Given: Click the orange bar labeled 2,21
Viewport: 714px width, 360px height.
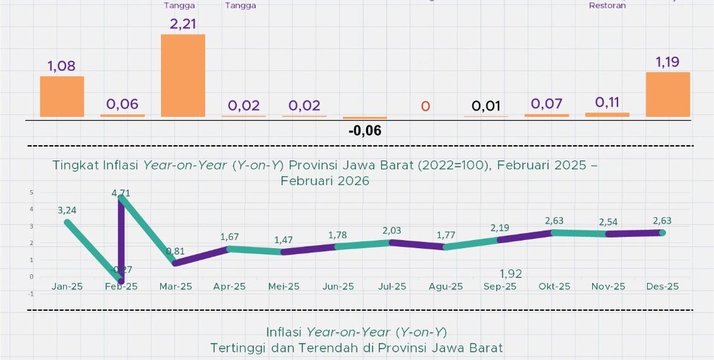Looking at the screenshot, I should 183,75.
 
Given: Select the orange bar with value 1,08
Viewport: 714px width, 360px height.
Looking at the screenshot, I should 62,97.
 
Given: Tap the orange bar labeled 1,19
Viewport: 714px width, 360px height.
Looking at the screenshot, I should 668,94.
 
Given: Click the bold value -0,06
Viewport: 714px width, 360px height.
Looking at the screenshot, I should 365,131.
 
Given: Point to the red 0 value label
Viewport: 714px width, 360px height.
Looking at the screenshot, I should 425,105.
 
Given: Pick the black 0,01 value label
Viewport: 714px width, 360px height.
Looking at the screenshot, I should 485,105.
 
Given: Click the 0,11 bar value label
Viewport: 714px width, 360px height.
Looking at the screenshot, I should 607,103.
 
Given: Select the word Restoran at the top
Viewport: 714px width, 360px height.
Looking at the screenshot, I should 607,6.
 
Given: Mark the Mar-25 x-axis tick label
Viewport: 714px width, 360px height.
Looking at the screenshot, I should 175,287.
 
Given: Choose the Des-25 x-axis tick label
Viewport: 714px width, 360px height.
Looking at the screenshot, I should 662,287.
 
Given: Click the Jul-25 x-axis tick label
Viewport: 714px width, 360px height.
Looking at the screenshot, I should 392,287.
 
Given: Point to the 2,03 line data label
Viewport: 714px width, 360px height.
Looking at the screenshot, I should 392,231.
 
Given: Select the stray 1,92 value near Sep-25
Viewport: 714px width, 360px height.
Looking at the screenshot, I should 511,273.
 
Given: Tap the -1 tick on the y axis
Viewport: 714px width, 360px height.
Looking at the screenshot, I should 30,294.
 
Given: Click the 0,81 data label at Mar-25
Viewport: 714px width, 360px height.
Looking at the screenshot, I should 175,251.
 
